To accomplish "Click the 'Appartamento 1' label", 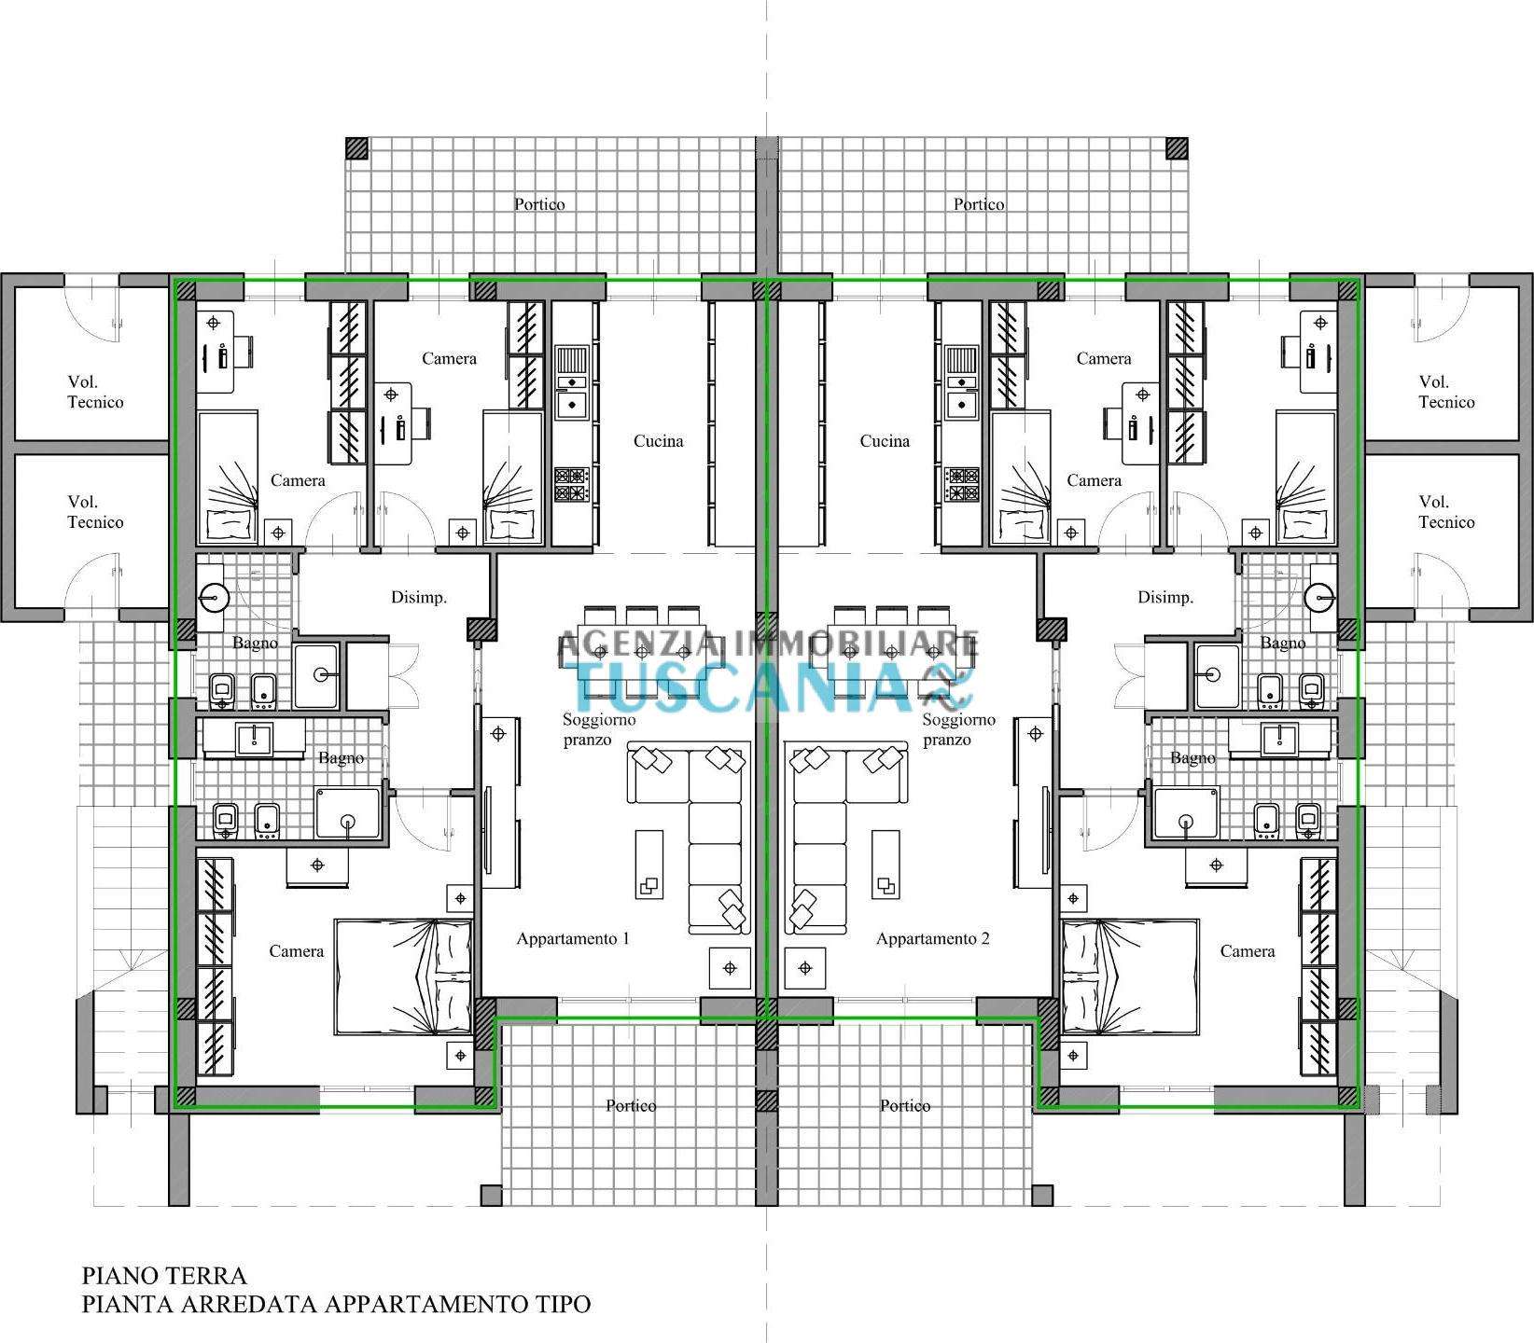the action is [573, 939].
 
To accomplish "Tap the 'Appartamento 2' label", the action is [932, 939].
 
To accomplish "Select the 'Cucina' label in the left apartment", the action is [658, 441].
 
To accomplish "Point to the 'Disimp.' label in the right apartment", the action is [1165, 598].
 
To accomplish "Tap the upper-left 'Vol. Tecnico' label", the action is [95, 392].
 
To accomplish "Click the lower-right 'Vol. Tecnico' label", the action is [1446, 512].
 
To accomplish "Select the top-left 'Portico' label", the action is [539, 204].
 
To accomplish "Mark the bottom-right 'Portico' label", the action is [905, 1106].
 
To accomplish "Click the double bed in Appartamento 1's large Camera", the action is [403, 976].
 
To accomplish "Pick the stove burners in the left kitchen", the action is [571, 485].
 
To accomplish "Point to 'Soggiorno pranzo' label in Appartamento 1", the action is [598, 729].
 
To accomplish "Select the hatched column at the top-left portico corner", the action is [356, 148].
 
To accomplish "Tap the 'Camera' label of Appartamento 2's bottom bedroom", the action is [1248, 951].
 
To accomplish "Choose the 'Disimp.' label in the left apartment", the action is [418, 598].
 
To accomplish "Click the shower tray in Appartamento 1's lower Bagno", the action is [349, 811].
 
